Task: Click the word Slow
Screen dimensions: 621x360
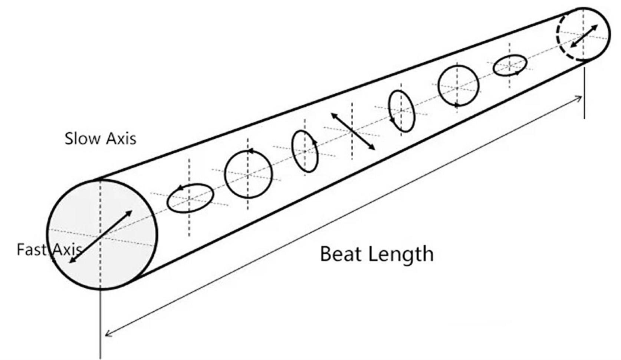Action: click(82, 138)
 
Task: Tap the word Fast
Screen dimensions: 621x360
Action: click(31, 249)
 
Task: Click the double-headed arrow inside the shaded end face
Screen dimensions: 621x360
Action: click(101, 237)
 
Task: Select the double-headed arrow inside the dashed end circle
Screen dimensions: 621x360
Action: click(584, 36)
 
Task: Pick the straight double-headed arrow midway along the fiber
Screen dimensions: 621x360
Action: click(352, 131)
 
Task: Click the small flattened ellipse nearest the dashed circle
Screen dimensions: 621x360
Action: click(510, 65)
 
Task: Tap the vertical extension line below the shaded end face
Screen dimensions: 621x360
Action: click(101, 324)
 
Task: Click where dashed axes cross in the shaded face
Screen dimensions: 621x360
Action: click(101, 237)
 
